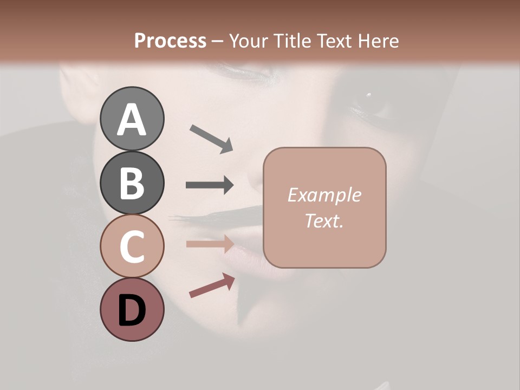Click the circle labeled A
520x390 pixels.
click(132, 119)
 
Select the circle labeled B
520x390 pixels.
click(132, 183)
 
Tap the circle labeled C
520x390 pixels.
click(132, 246)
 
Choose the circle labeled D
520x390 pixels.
click(132, 310)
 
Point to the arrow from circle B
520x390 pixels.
click(210, 185)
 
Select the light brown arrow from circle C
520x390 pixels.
click(210, 244)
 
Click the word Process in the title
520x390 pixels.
click(170, 41)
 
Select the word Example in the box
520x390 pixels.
click(324, 195)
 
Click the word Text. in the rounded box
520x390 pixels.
click(324, 220)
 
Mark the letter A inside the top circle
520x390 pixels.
click(132, 120)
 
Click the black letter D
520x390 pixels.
click(132, 311)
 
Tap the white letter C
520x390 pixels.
click(132, 247)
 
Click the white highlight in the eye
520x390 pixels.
click(368, 95)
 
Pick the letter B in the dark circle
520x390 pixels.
click(132, 184)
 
